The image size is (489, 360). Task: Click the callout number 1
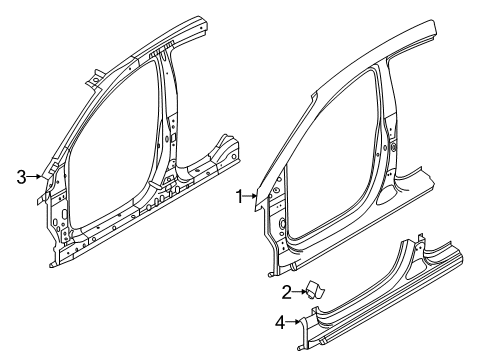(x=239, y=197)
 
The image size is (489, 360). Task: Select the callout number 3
(x=22, y=176)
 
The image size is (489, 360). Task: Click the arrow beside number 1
(x=253, y=197)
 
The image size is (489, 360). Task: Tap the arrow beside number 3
(x=36, y=176)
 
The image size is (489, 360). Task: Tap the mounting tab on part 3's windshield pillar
(x=94, y=74)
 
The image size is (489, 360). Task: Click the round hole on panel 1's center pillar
(x=391, y=147)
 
